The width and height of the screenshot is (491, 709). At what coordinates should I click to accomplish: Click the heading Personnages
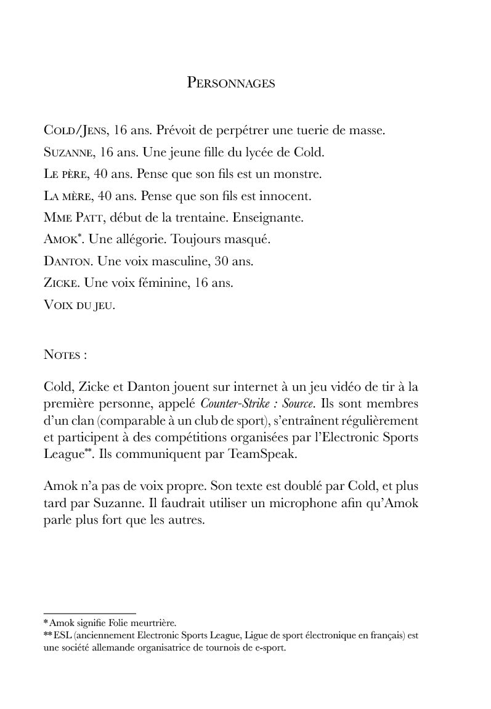(x=231, y=83)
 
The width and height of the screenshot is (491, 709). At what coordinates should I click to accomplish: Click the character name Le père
(x=65, y=175)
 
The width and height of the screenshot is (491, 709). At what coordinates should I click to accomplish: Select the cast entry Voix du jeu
(x=79, y=305)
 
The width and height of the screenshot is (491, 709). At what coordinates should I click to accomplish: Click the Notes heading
(x=65, y=355)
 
